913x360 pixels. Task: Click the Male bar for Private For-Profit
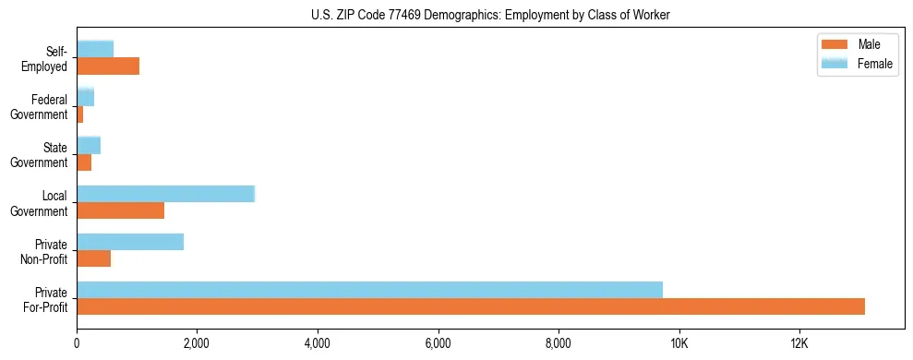click(471, 306)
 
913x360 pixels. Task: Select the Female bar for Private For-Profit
click(369, 290)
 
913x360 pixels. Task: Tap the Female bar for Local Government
click(165, 194)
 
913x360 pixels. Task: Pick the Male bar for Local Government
click(120, 210)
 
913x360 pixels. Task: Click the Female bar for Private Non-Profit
click(130, 242)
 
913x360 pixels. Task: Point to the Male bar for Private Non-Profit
click(93, 258)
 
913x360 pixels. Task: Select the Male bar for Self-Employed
click(108, 66)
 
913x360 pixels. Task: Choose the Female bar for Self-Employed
click(95, 49)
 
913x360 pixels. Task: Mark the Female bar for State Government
click(89, 145)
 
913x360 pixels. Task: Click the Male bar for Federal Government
click(80, 114)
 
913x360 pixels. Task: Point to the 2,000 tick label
click(197, 343)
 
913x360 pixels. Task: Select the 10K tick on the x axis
click(679, 343)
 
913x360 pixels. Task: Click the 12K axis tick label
click(799, 343)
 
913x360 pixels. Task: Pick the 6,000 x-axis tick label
click(438, 343)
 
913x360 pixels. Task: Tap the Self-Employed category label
click(45, 58)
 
